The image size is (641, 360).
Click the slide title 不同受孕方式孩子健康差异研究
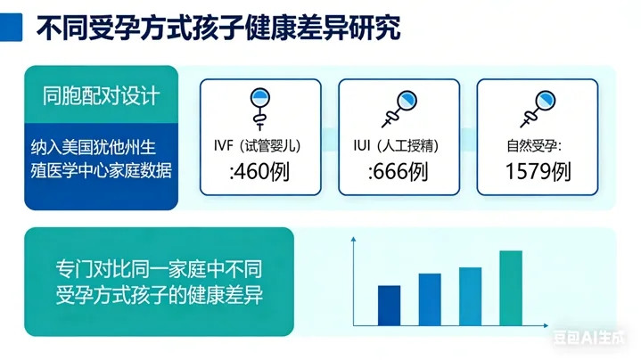point(218,28)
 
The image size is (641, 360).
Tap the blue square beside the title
point(11,28)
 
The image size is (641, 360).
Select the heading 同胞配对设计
point(101,96)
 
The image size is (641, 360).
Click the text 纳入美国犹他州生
point(94,147)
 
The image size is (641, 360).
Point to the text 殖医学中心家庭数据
point(101,170)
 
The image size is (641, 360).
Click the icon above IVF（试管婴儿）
point(260,109)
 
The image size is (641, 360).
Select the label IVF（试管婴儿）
point(258,145)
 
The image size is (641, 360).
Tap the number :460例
point(259,171)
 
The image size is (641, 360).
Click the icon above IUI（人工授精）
point(399,109)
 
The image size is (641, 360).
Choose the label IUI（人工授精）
point(396,145)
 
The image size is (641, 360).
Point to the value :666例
point(399,171)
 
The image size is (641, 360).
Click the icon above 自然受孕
point(538,109)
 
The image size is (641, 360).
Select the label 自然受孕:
point(534,146)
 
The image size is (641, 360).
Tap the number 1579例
point(538,171)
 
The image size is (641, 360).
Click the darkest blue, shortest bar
point(390,306)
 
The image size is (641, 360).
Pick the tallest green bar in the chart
point(511,288)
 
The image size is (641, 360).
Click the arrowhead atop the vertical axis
point(354,239)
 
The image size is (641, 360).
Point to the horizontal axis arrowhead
point(546,325)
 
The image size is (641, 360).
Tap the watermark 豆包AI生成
point(590,337)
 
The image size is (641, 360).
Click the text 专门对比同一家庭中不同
point(159,269)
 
